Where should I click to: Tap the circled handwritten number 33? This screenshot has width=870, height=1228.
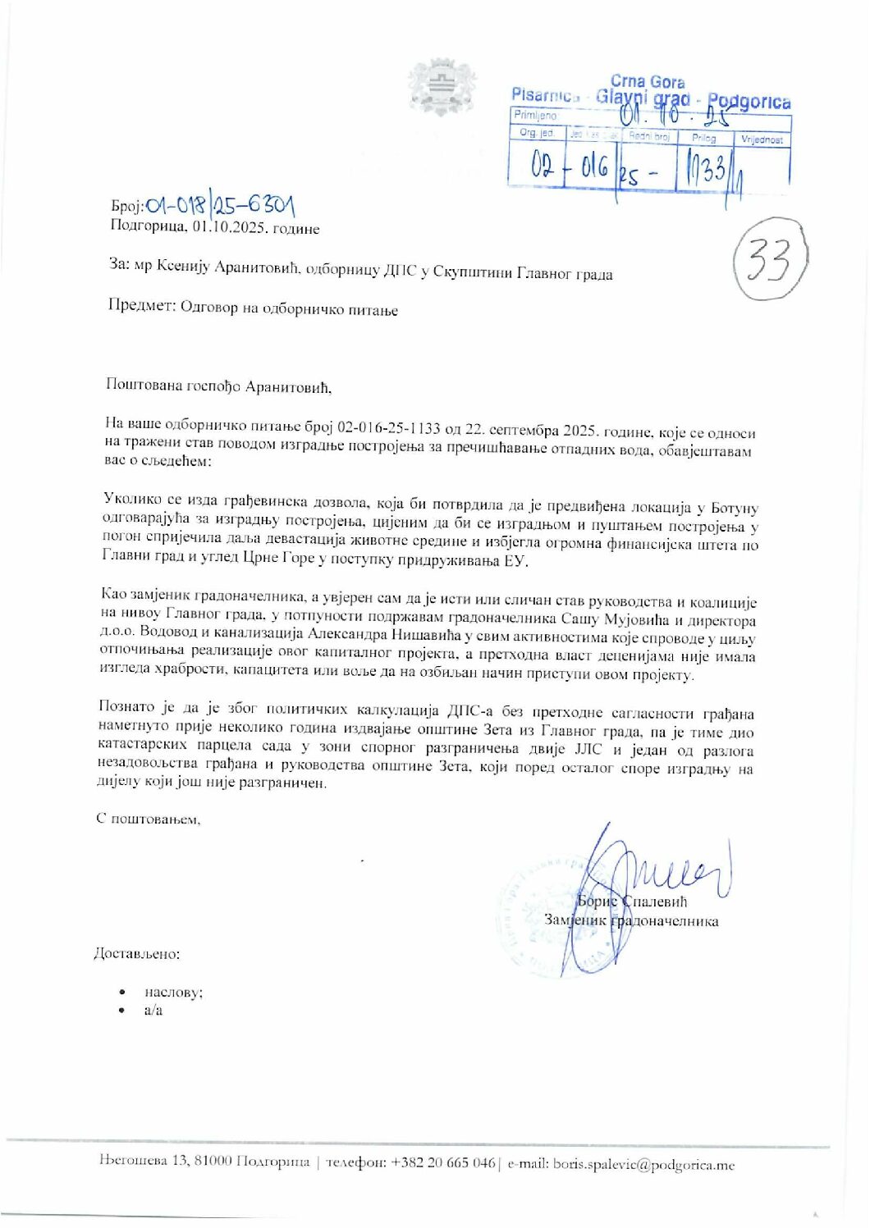pos(770,260)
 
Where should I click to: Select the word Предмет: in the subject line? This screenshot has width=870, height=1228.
pos(141,307)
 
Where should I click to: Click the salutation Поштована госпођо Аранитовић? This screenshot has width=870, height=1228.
pos(217,385)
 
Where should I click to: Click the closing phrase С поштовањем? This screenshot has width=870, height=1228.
pos(148,819)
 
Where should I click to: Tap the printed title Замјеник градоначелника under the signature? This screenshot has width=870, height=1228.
pos(631,920)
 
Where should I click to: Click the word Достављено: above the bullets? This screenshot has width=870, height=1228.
pos(136,953)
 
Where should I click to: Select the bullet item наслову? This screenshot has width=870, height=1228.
pos(173,992)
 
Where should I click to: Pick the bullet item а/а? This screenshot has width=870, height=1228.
pos(153,1011)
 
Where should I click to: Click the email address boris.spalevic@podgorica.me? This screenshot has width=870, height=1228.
pos(643,1164)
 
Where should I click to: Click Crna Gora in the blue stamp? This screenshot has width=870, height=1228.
pos(647,82)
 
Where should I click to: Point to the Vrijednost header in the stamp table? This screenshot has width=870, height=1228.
pos(762,140)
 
